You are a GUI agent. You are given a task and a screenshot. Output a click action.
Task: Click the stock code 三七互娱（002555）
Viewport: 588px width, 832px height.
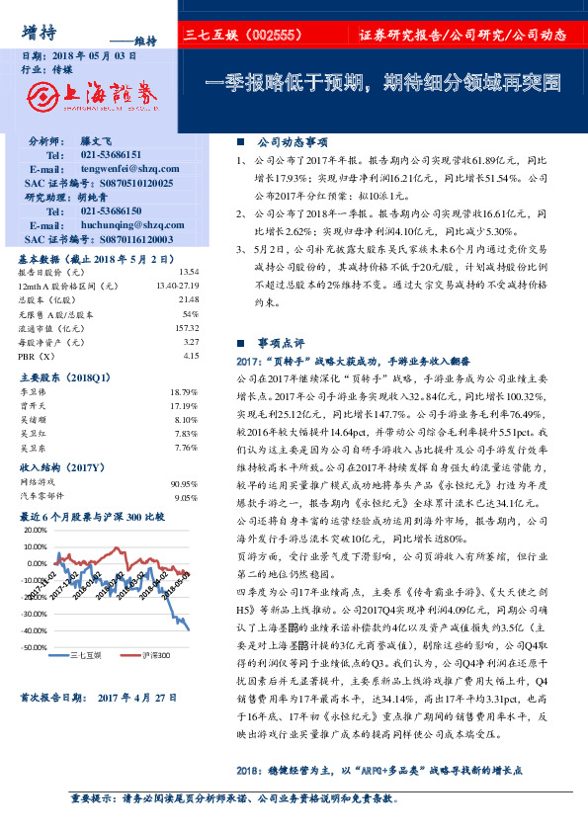click(242, 35)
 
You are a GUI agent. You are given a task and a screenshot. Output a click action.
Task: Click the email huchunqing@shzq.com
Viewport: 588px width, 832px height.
click(130, 224)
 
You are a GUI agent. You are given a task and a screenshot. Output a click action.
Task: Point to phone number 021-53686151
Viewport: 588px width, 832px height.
click(112, 155)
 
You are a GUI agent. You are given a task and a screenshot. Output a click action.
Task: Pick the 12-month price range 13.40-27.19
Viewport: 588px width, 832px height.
click(178, 286)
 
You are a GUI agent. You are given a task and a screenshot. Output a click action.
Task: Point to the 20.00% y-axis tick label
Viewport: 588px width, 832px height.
click(34, 531)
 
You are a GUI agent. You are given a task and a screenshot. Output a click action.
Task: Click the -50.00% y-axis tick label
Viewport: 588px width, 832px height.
click(34, 647)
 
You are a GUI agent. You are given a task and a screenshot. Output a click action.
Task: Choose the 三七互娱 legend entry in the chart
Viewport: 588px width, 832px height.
click(88, 655)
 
